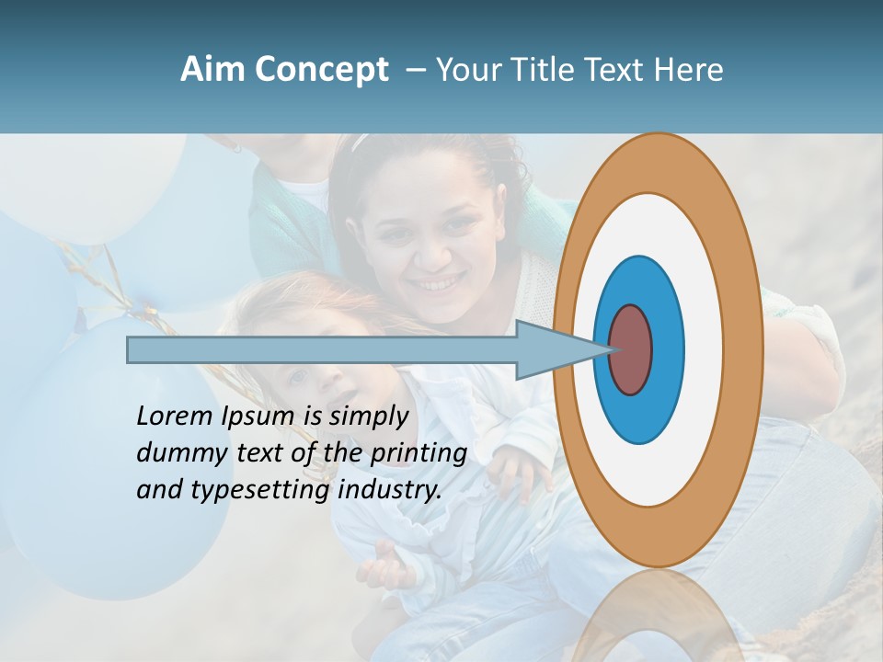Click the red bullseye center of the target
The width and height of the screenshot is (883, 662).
630,349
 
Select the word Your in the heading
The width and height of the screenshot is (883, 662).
469,70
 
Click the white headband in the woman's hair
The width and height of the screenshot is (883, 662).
361,143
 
